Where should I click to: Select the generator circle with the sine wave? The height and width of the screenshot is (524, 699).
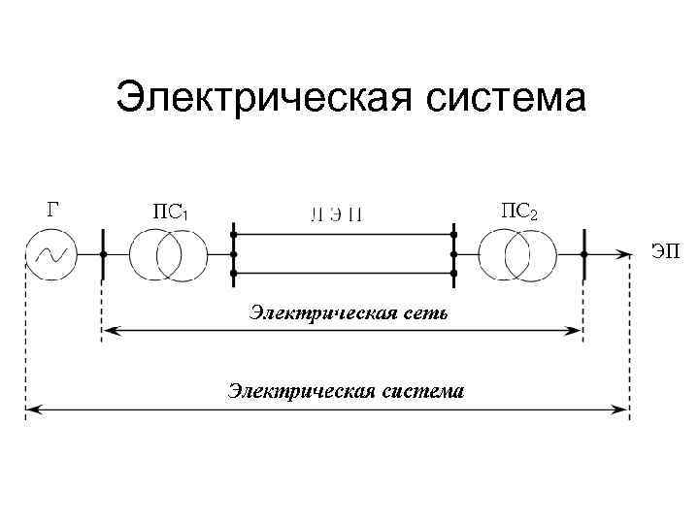coord(51,254)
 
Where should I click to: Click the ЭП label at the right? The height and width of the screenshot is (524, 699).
coord(664,252)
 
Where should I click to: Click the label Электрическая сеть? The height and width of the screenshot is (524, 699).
coord(349,312)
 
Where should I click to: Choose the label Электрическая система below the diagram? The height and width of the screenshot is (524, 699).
coord(346,391)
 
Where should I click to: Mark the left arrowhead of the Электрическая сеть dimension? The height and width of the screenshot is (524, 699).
coord(109,331)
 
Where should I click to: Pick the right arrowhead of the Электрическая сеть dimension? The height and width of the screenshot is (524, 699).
coord(576,331)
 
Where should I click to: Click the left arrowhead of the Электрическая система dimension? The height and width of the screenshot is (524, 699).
coord(32,410)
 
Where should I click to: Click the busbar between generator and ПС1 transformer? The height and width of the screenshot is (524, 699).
coord(103,254)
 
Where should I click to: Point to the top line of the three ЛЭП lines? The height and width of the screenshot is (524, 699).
coord(344,234)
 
